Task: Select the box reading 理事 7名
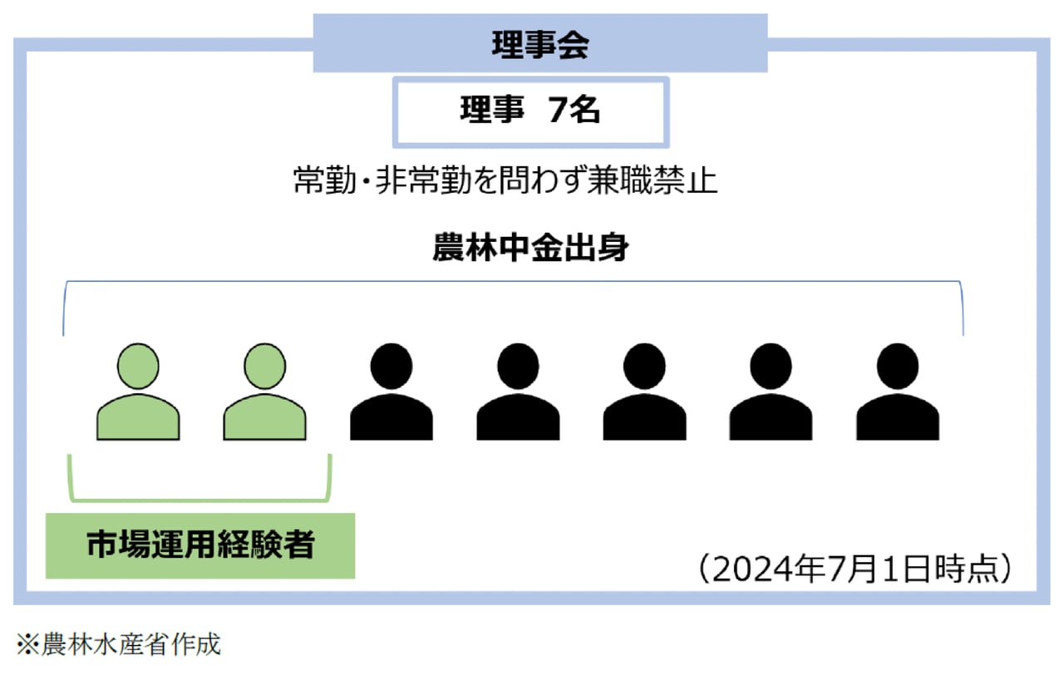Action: click(x=530, y=111)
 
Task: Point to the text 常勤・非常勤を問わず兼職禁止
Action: click(x=505, y=180)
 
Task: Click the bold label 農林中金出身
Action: click(x=530, y=249)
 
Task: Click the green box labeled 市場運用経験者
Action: click(x=200, y=545)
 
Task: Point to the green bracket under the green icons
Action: click(x=199, y=499)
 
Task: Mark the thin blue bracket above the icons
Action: click(x=513, y=283)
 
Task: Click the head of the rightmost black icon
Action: click(x=898, y=365)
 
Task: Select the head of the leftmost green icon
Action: click(x=138, y=365)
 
